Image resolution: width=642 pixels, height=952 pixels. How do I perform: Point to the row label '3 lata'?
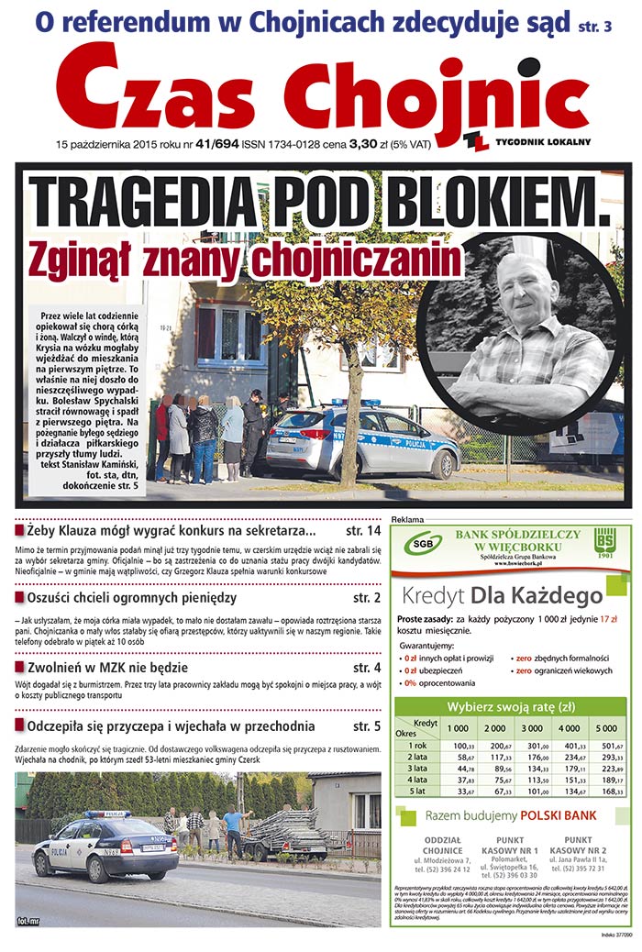[x=417, y=768]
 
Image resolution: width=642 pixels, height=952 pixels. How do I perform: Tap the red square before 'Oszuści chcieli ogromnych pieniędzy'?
[x=20, y=598]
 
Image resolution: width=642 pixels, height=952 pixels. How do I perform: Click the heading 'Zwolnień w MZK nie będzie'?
[x=107, y=667]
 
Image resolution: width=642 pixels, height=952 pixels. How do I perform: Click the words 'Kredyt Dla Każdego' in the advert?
[x=503, y=594]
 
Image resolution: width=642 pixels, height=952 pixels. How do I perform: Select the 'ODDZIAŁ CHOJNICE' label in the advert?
[x=443, y=845]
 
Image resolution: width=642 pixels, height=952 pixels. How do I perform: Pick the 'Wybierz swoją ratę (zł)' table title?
[x=510, y=706]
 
